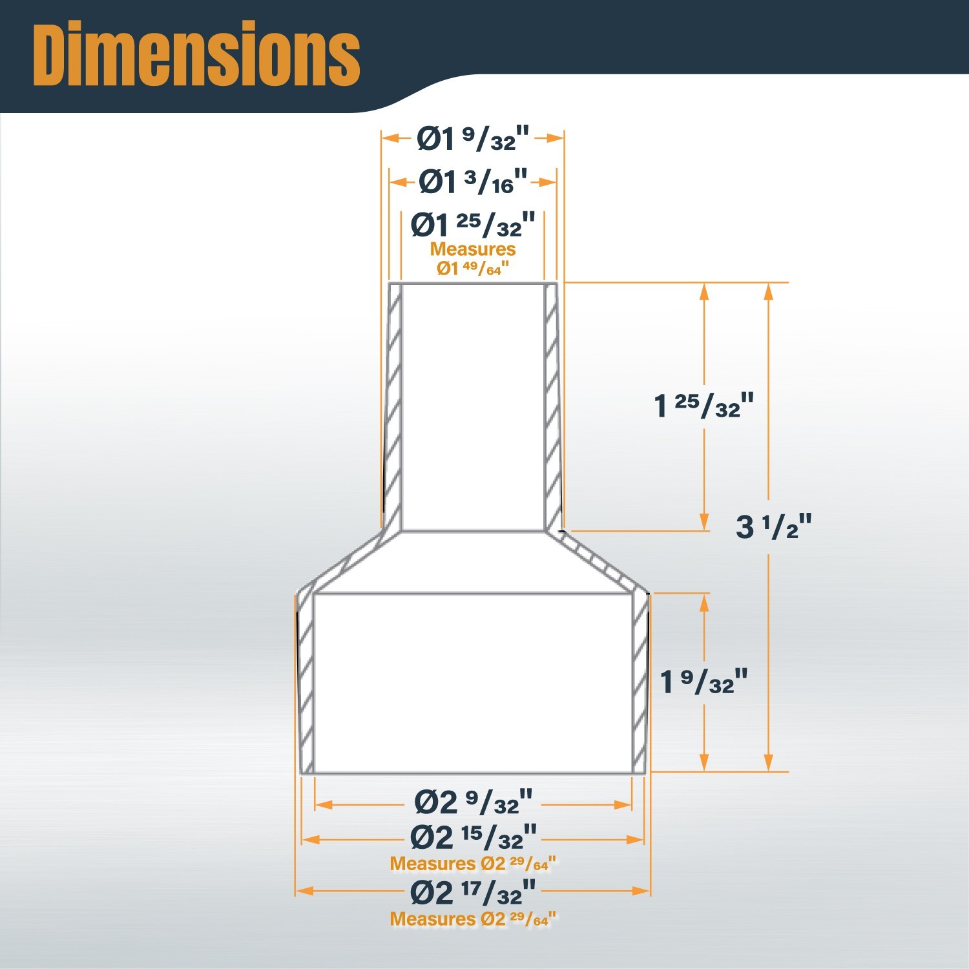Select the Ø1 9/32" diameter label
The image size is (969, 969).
pos(473,138)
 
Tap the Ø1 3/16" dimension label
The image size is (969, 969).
pos(474,182)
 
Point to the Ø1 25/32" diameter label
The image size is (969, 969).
pos(473,224)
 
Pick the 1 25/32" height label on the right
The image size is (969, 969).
pos(703,406)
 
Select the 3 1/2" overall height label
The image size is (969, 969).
pos(773,526)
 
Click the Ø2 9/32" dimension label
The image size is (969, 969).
pos(474,802)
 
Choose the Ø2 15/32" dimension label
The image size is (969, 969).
pos(474,837)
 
